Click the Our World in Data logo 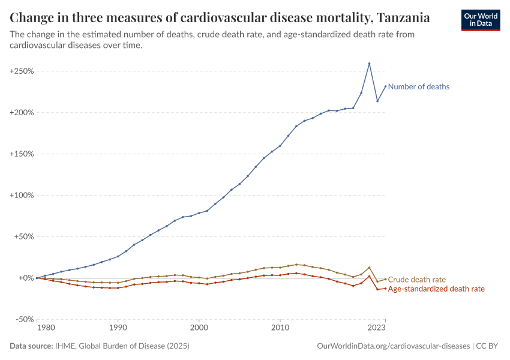coord(480,20)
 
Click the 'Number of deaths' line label coord(418,86)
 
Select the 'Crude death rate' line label coord(416,280)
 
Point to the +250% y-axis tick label coord(22,71)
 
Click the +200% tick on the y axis coord(22,113)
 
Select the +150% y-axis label coord(22,154)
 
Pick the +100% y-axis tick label coord(22,196)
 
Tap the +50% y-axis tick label coord(23,237)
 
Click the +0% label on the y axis coord(25,278)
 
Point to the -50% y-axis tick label coord(23,320)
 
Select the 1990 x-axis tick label coord(118,328)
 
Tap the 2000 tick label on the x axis coord(199,328)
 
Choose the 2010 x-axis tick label coord(280,328)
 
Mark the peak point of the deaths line coord(369,64)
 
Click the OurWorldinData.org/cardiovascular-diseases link coord(392,346)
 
